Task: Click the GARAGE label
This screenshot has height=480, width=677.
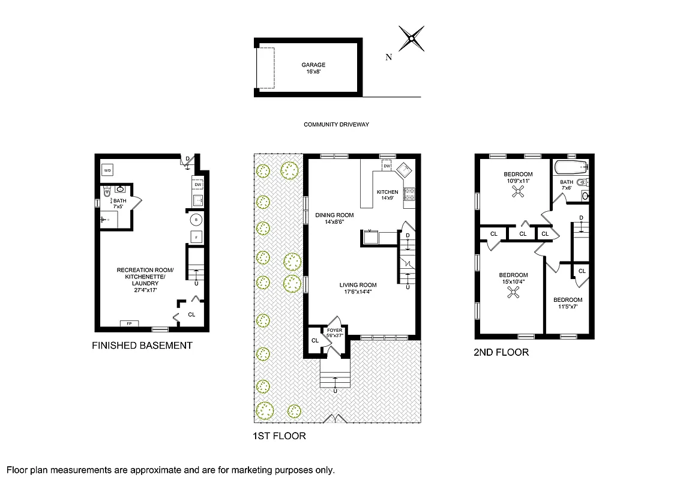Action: (313, 65)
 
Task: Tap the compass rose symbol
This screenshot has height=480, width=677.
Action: (411, 39)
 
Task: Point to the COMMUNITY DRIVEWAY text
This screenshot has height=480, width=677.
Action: (335, 125)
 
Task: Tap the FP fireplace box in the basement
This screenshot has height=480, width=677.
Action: (129, 324)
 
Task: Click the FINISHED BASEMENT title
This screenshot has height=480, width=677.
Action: (142, 346)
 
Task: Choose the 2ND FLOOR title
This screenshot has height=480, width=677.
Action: (502, 353)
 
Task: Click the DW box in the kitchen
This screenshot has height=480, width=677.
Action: (387, 166)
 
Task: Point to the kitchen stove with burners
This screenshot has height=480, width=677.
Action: (411, 193)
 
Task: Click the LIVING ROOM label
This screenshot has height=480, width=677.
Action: (358, 285)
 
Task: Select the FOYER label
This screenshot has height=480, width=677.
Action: (334, 331)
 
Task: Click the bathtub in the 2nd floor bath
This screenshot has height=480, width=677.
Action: (570, 166)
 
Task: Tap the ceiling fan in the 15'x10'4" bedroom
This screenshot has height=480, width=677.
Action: (513, 292)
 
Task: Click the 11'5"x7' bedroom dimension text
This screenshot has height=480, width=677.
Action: (567, 307)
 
